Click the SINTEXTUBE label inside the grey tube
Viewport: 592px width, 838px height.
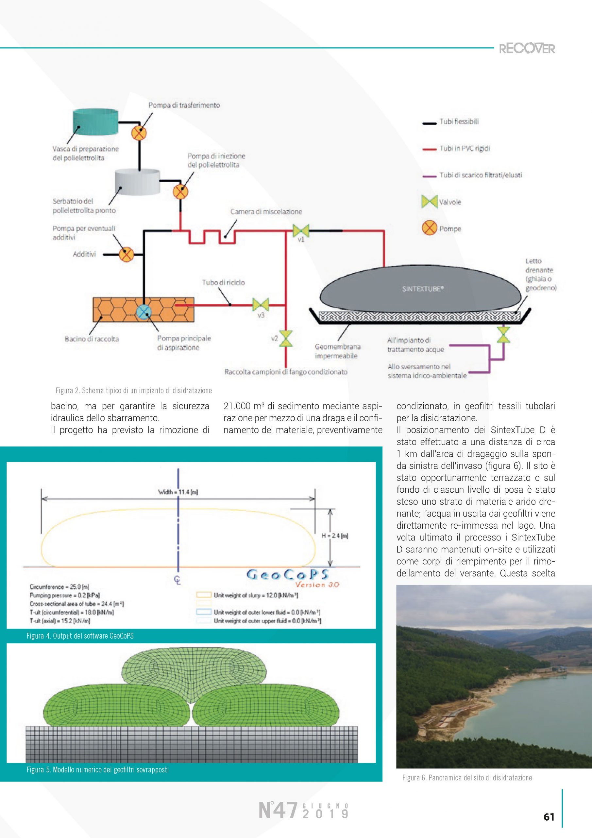(x=422, y=289)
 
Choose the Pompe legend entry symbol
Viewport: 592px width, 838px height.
(x=430, y=228)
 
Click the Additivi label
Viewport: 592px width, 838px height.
(x=84, y=254)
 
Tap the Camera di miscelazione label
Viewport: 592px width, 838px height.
(x=266, y=212)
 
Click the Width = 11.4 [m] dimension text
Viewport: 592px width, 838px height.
(x=178, y=492)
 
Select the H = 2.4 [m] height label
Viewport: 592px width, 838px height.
(x=335, y=536)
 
